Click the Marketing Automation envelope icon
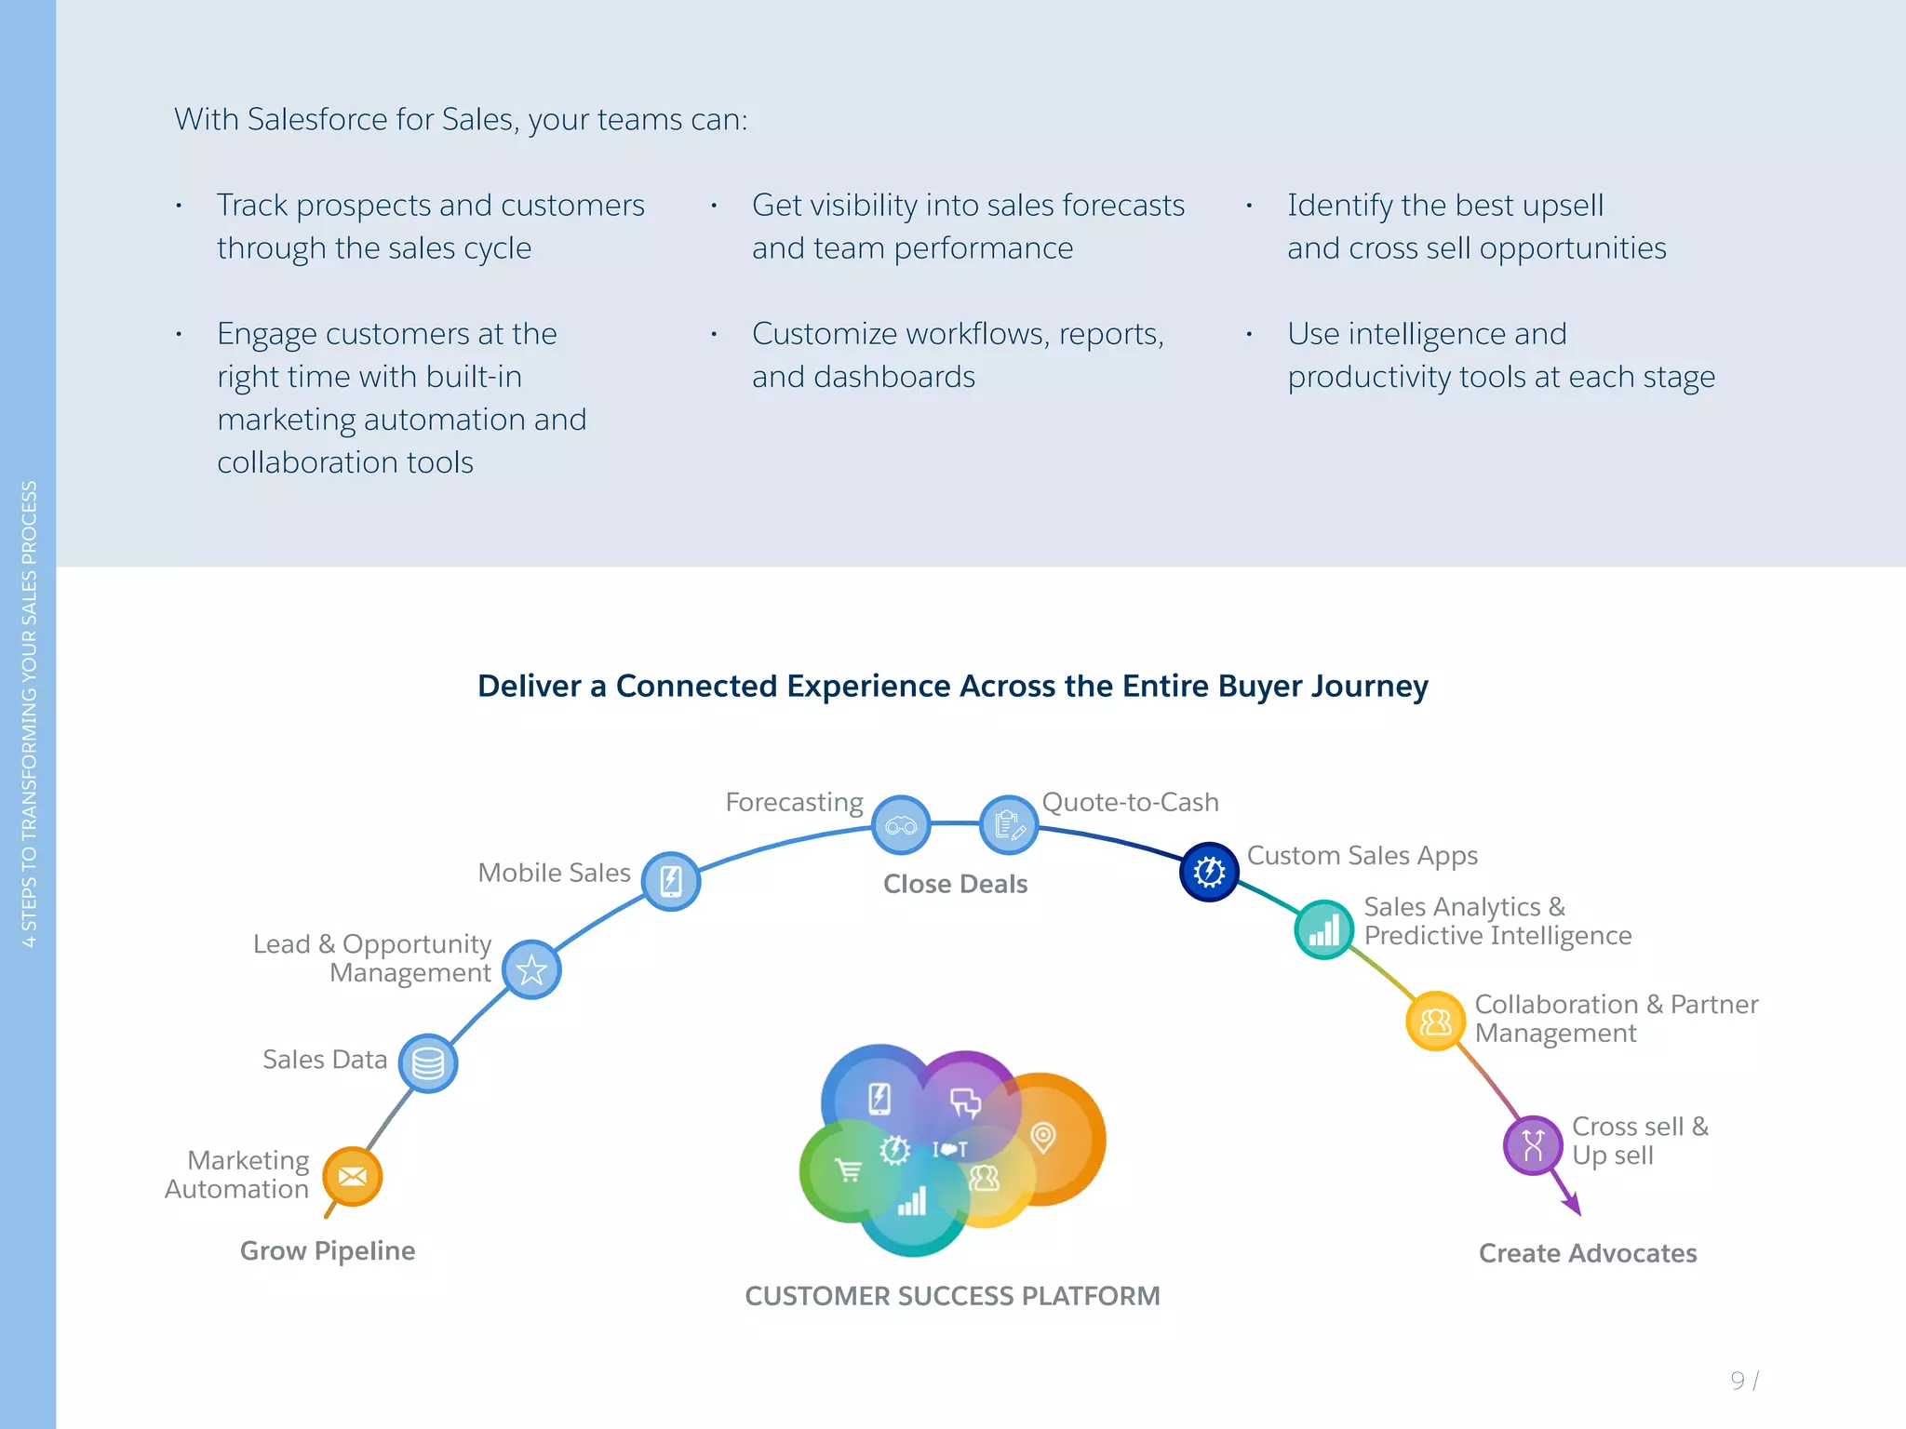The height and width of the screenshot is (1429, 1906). coord(353,1176)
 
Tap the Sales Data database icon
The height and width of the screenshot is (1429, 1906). coord(428,1062)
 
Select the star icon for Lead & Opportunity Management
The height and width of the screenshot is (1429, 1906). coord(531,969)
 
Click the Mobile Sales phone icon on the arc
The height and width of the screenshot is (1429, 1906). coord(671,880)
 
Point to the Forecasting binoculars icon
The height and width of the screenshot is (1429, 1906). coord(901,825)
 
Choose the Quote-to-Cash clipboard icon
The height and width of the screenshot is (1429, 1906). coord(1009,824)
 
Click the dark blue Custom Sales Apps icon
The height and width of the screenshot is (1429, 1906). coord(1209,872)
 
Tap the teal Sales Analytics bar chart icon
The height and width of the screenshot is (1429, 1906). coord(1323,928)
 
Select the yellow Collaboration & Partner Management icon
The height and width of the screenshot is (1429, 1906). coord(1435,1021)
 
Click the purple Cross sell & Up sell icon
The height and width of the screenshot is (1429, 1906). coord(1533,1144)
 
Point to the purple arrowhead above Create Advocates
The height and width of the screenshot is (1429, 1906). coord(1572,1206)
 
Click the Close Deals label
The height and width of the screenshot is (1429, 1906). coord(955,884)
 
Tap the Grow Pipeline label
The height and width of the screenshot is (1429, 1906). coord(328,1250)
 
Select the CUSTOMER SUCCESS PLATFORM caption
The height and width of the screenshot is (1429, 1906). coord(952,1296)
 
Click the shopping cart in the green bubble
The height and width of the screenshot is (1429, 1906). coord(848,1170)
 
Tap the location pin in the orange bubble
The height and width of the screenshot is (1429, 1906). coord(1043,1136)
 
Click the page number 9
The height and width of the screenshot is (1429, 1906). coord(1737,1380)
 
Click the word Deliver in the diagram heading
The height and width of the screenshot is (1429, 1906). coord(530,686)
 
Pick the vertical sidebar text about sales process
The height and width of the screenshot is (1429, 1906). coord(29,714)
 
